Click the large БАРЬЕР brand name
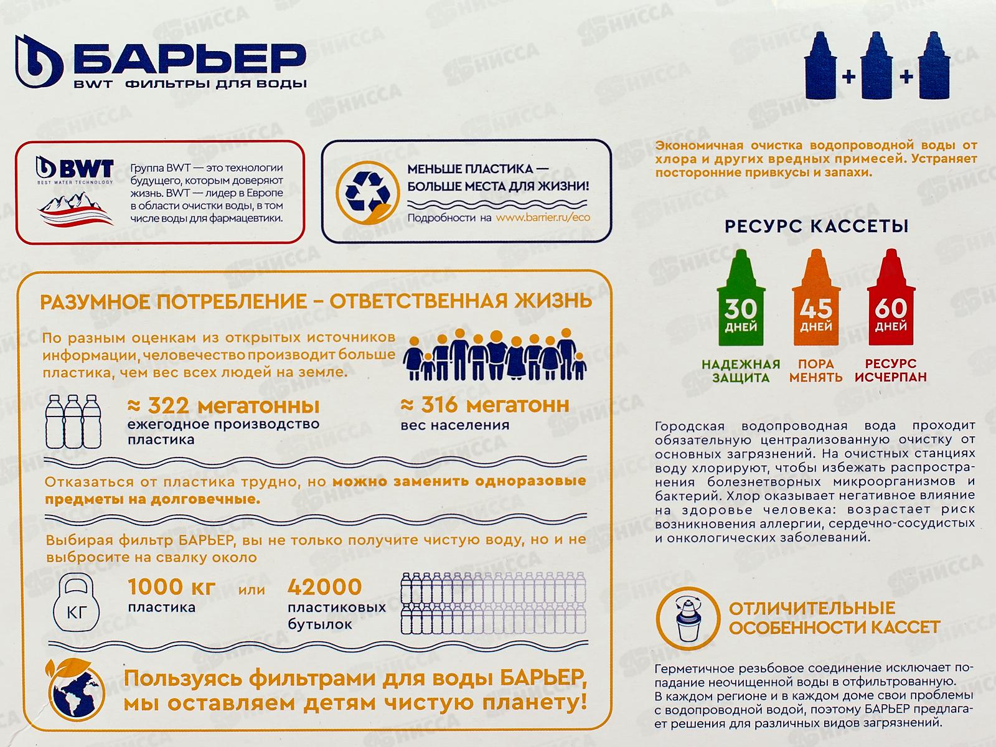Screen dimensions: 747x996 click(194, 57)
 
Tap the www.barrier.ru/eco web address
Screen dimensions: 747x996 click(543, 218)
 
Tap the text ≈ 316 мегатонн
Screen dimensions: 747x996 click(484, 405)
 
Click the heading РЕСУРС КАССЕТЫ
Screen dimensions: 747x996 click(816, 226)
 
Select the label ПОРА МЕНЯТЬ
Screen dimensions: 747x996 click(817, 370)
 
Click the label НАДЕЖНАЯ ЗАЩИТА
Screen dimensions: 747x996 click(741, 370)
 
